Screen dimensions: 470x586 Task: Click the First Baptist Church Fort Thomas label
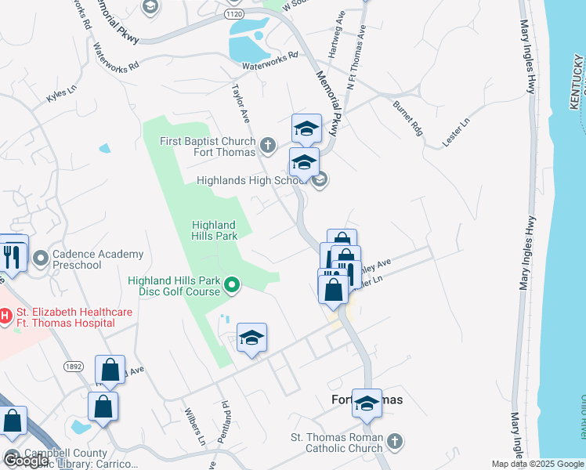(x=208, y=146)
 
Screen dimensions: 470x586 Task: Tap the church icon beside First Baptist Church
(x=268, y=145)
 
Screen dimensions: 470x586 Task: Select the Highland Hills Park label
(x=215, y=230)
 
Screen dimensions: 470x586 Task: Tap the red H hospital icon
(x=5, y=316)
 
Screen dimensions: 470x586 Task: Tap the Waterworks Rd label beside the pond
(x=270, y=56)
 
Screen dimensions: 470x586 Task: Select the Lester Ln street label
(x=455, y=132)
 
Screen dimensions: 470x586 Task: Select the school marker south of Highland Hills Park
(x=251, y=338)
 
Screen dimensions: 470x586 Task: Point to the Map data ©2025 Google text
(x=537, y=464)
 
